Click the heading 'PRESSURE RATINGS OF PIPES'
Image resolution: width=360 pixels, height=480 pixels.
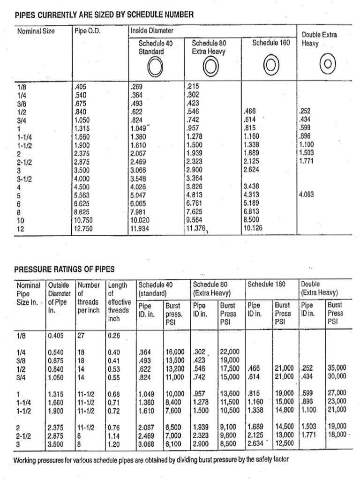coord(65,269)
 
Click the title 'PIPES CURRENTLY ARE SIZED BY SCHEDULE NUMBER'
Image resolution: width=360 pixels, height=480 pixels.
coord(104,15)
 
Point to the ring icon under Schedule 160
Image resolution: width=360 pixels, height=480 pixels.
coord(271,63)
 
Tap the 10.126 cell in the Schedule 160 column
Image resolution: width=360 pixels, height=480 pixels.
coord(254,229)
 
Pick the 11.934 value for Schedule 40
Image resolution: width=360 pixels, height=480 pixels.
coord(141,229)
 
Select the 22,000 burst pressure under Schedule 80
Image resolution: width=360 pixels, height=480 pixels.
coord(229,352)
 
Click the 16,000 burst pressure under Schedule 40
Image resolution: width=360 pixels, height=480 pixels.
coord(176,352)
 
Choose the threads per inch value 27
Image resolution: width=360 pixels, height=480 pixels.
coord(82,335)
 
